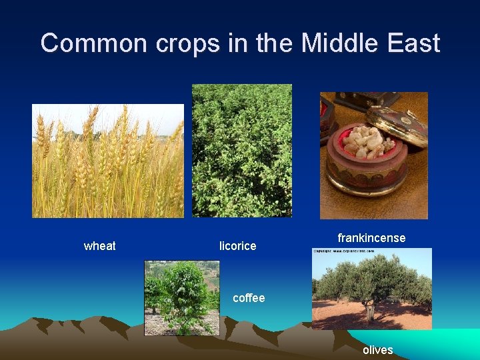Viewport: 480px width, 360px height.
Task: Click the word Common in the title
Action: (94, 43)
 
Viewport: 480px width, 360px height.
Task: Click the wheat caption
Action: (99, 246)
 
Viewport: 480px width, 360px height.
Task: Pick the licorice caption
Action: (237, 246)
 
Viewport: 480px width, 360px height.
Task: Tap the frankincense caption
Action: (371, 238)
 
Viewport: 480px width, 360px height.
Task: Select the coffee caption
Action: (248, 298)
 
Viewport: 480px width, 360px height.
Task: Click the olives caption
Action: (377, 350)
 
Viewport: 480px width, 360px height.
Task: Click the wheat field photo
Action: (108, 167)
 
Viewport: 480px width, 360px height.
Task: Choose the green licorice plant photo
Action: (241, 150)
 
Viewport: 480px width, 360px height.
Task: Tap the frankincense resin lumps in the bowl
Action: (364, 139)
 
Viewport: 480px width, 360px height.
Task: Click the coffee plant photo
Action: (181, 297)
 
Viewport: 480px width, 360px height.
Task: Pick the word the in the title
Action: (271, 43)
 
